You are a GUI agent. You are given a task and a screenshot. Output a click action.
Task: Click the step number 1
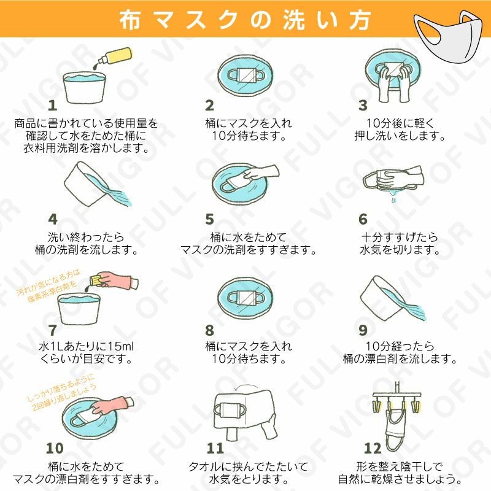tap(53, 106)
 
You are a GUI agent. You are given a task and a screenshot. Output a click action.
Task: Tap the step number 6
tap(363, 219)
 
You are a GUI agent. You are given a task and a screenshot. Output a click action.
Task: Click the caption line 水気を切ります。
tap(400, 250)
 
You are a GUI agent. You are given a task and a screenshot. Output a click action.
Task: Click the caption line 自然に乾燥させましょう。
tap(400, 478)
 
